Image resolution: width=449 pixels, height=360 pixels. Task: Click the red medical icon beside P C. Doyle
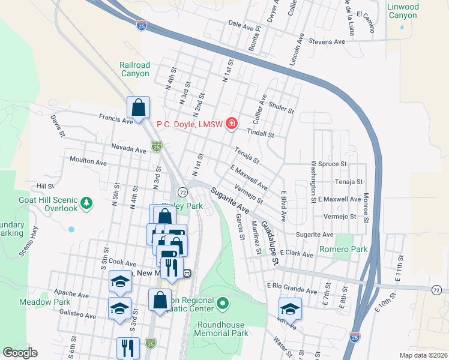(x=232, y=124)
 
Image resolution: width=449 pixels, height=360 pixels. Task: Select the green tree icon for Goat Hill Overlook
(x=87, y=203)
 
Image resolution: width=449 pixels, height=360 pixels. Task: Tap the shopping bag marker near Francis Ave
(x=138, y=109)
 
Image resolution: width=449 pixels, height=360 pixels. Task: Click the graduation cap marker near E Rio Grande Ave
(x=290, y=309)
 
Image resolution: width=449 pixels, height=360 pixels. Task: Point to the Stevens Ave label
(x=327, y=42)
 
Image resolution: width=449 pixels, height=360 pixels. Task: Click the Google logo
(x=20, y=353)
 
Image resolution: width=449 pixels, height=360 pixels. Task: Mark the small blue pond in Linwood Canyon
(x=402, y=27)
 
